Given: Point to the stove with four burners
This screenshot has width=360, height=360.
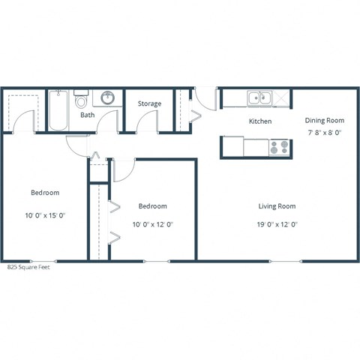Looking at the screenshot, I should [280, 148].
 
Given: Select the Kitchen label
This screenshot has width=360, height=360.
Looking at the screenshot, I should [259, 121].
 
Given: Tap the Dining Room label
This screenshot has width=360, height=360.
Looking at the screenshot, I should [324, 120].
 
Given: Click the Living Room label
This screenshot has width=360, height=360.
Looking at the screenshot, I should [277, 206].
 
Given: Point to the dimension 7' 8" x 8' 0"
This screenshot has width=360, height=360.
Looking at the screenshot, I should [324, 132].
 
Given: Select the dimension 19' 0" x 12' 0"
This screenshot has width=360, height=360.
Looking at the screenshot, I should [277, 223].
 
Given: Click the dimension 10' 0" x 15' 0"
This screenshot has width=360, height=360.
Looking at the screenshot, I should [45, 214].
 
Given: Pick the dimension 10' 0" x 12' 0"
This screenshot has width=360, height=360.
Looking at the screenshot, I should [152, 223].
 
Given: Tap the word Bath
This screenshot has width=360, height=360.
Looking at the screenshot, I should [88, 115].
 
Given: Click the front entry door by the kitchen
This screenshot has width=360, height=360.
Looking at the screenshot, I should [202, 96].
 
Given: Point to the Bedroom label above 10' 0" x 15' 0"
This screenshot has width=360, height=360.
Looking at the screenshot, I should [45, 193].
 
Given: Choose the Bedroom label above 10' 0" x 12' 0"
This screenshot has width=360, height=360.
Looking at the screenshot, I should [152, 206].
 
